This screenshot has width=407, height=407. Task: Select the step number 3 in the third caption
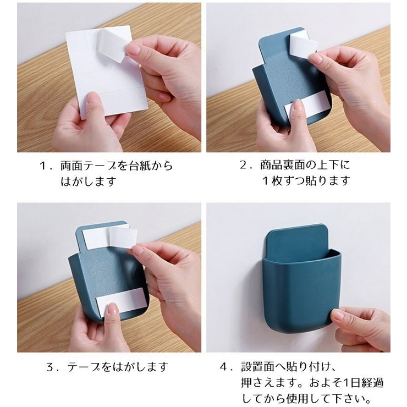(50, 367)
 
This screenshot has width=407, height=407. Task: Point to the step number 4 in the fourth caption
(224, 367)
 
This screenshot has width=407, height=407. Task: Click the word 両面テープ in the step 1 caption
(88, 166)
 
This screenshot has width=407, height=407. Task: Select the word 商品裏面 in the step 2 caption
(282, 165)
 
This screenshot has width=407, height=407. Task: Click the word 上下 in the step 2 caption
(328, 165)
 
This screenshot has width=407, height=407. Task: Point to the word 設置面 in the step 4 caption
(257, 367)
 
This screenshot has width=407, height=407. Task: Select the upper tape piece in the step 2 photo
(304, 46)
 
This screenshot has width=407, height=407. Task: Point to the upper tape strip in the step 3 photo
(109, 238)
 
